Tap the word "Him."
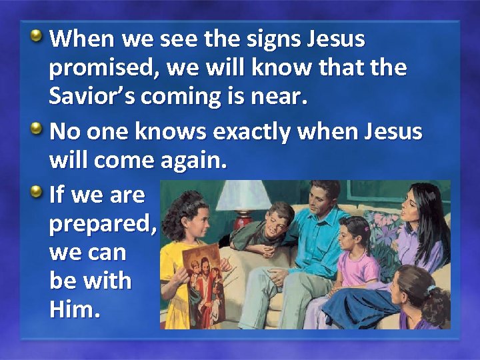point(75,309)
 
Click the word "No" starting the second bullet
point(63,132)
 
